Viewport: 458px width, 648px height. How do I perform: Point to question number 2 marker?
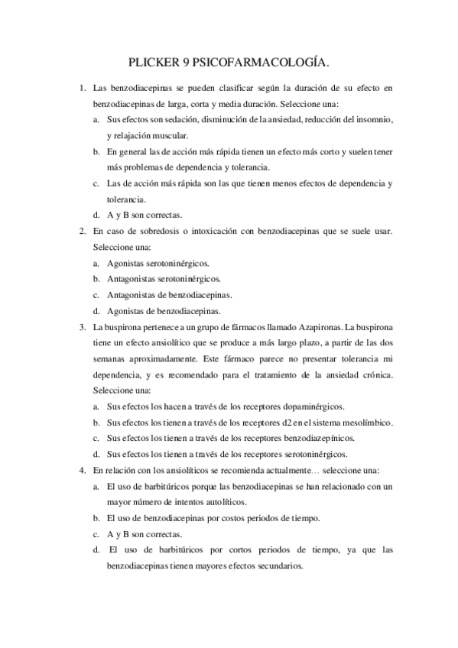coord(83,230)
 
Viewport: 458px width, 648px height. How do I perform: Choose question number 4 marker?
coord(83,470)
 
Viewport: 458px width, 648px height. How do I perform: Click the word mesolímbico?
coord(366,422)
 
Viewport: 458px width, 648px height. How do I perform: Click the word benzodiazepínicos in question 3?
coord(317,438)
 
